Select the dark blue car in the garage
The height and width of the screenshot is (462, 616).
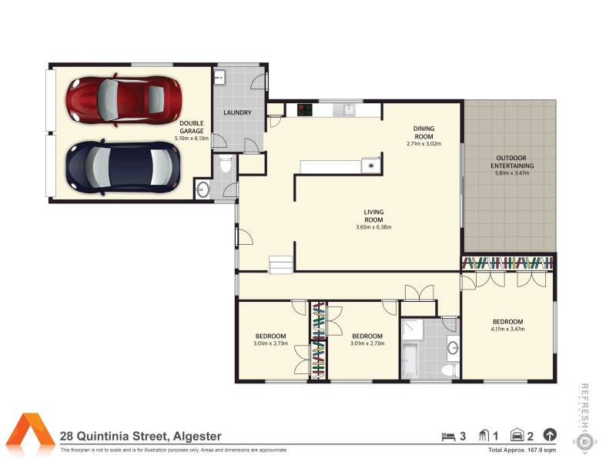point(122,166)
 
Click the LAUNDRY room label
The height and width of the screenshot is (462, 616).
point(237,113)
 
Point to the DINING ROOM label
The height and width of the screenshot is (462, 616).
point(423,132)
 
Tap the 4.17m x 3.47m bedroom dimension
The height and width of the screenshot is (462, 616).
point(507,330)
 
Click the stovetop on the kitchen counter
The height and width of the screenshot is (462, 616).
point(304,109)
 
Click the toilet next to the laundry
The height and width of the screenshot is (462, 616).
point(226,163)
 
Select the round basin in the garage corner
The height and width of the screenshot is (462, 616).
point(203,189)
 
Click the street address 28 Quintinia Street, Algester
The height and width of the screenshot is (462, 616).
point(141,436)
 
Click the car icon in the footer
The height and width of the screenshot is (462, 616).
point(517,436)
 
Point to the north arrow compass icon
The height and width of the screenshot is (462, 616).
point(550,435)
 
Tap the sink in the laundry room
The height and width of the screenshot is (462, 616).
point(219,76)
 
